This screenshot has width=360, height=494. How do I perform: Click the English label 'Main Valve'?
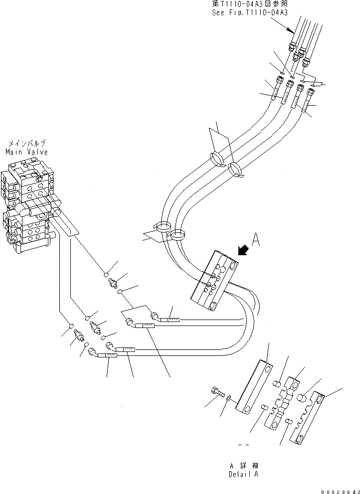pyautogui.click(x=26, y=152)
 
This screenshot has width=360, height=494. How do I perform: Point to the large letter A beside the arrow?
pyautogui.click(x=256, y=241)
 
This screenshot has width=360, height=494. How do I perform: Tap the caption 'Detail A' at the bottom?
pyautogui.click(x=244, y=475)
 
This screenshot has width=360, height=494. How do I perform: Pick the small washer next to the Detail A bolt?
pyautogui.click(x=228, y=398)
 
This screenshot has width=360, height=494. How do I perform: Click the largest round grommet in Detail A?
pyautogui.click(x=301, y=398)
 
